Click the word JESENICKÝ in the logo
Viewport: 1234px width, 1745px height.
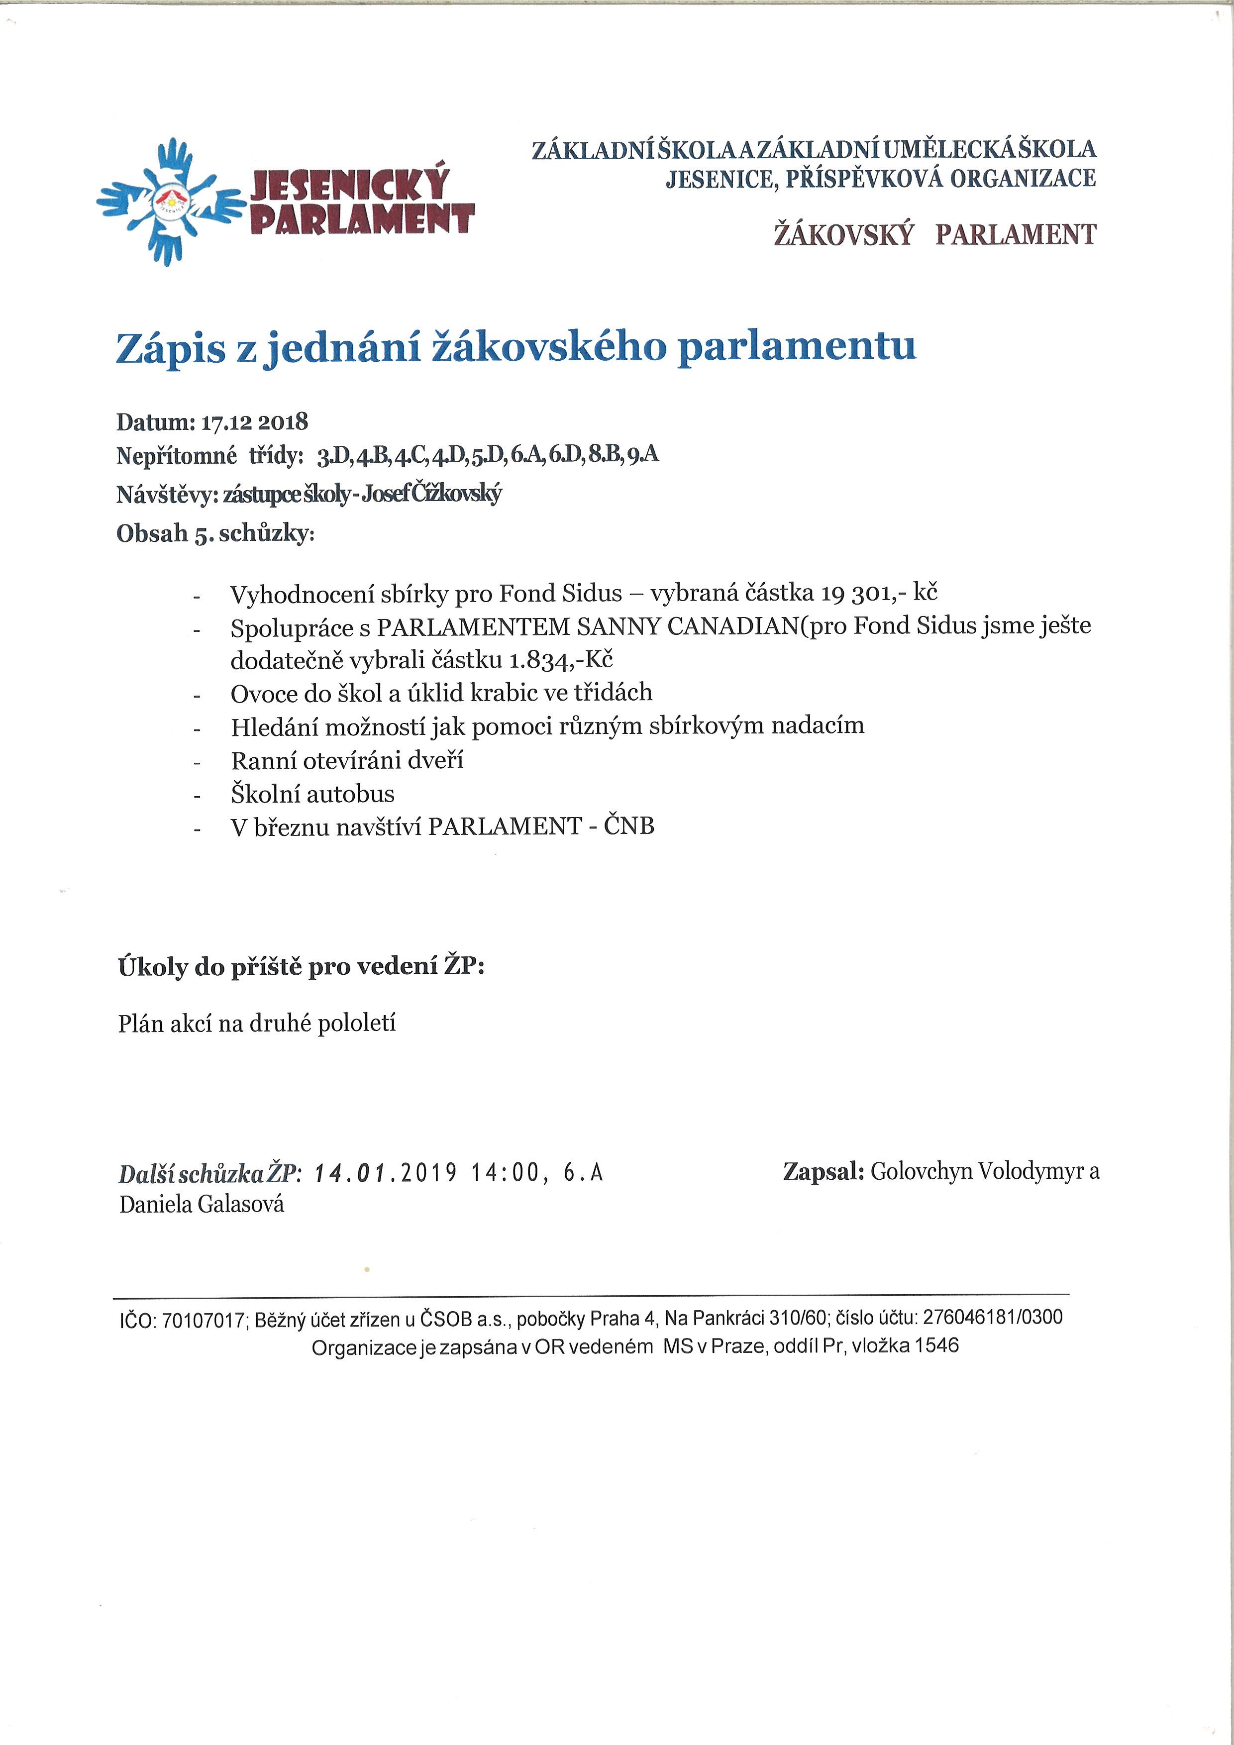(349, 185)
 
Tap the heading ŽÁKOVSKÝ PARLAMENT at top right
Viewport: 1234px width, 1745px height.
(934, 235)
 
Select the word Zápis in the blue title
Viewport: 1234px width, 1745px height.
(171, 349)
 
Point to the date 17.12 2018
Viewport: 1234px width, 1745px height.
(254, 422)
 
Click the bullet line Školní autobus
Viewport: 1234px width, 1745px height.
(312, 794)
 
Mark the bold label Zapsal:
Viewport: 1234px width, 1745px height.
(823, 1172)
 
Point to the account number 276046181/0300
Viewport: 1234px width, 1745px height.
(992, 1317)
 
